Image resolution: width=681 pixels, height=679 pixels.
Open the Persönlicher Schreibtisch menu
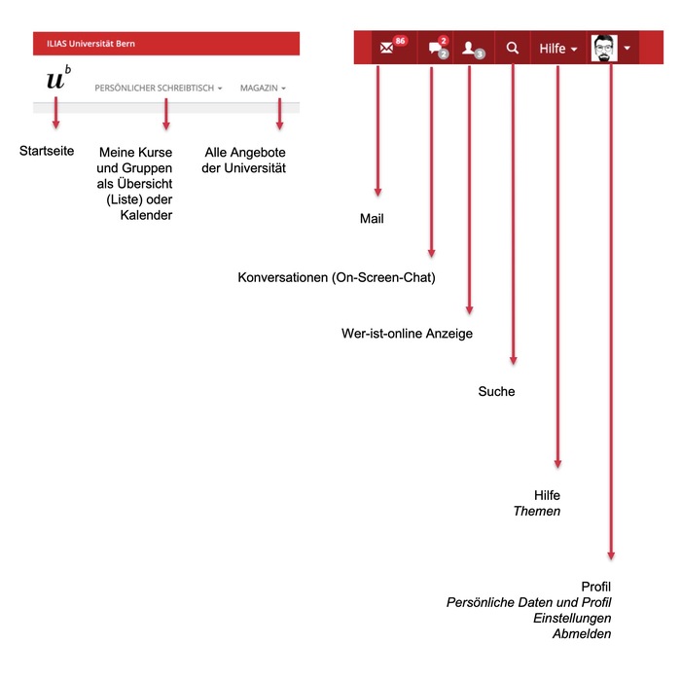[x=158, y=89]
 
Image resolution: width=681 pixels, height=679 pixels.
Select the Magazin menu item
[x=263, y=89]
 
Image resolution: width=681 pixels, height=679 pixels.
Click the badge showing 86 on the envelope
[x=399, y=41]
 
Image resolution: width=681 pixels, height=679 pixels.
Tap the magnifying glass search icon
[x=513, y=48]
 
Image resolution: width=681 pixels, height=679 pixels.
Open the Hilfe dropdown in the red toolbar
[x=558, y=48]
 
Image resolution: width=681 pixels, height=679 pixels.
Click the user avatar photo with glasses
[x=604, y=48]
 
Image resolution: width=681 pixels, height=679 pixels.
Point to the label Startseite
[x=47, y=151]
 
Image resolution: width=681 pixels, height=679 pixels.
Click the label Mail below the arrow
[x=372, y=219]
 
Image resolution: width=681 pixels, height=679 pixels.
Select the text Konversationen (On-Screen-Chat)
[x=337, y=277]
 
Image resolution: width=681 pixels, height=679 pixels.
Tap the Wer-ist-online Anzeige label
[x=407, y=334]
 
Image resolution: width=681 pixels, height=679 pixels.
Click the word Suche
[x=496, y=392]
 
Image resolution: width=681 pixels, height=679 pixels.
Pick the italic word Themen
[x=537, y=511]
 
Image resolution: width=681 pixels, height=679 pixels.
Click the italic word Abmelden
[x=582, y=633]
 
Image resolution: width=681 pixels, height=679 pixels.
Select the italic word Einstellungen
[x=572, y=618]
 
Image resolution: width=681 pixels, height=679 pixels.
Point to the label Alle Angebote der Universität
[x=245, y=161]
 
